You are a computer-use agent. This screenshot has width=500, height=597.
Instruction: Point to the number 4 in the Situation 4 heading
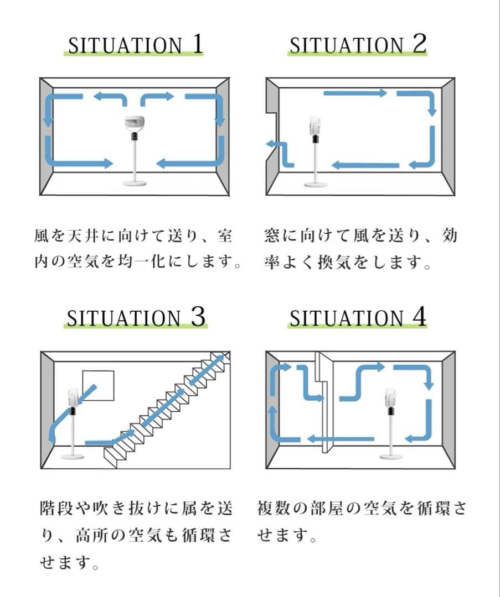[x=419, y=317]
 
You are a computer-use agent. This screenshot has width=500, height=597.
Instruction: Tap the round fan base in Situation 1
[x=135, y=182]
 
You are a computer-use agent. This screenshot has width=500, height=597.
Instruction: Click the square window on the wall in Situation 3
[x=98, y=385]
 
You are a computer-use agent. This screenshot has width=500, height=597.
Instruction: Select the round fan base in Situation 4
[x=391, y=456]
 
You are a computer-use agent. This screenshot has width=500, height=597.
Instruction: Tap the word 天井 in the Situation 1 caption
[x=86, y=236]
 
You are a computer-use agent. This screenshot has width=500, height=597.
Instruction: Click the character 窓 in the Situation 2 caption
[x=272, y=236]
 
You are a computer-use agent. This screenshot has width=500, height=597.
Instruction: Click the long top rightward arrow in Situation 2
[x=355, y=93]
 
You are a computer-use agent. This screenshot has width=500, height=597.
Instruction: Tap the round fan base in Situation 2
[x=315, y=184]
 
